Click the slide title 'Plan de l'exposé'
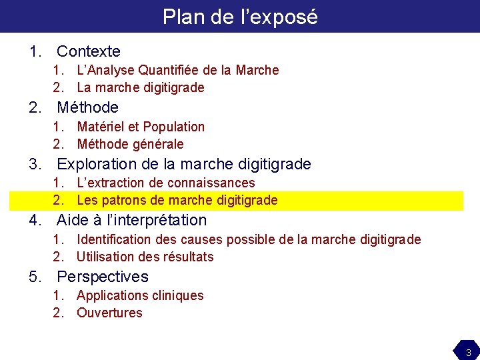(240, 16)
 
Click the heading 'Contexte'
(88, 51)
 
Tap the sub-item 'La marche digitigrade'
(141, 87)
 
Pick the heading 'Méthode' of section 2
(87, 107)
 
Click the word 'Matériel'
(100, 127)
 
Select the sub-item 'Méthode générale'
(130, 144)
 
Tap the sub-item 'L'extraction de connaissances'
(166, 183)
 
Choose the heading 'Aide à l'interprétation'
(131, 220)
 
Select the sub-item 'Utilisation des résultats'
(145, 257)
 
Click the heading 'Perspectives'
(103, 277)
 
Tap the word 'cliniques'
(178, 295)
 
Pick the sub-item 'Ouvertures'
(109, 313)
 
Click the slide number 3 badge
(468, 352)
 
